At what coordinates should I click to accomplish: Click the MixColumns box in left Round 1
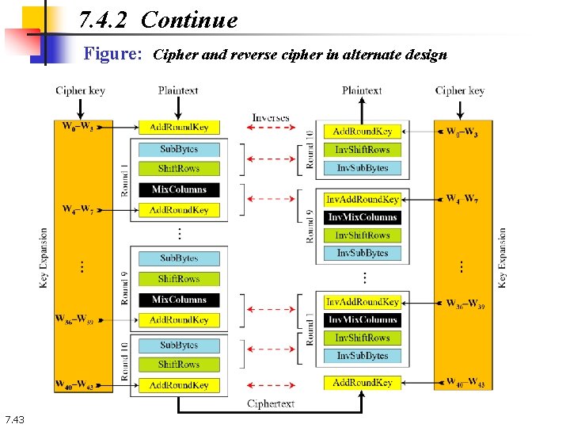[x=179, y=189]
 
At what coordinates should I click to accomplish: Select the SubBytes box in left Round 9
[x=179, y=258]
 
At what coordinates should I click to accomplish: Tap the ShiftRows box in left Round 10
[x=179, y=365]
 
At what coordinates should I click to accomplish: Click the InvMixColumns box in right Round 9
[x=362, y=217]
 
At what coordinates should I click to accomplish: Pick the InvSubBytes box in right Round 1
[x=362, y=356]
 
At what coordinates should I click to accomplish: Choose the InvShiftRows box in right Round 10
[x=362, y=149]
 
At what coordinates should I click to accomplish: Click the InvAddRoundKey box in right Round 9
[x=362, y=199]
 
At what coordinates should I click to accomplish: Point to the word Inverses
[x=271, y=118]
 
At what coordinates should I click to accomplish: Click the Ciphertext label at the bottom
[x=271, y=403]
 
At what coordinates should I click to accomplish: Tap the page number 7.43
[x=15, y=419]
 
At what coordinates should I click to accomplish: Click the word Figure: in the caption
[x=113, y=55]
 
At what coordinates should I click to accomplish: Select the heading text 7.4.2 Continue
[x=158, y=20]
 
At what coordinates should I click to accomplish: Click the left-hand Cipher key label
[x=81, y=90]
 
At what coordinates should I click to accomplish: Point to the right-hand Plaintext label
[x=363, y=90]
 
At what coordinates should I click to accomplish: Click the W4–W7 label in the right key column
[x=462, y=199]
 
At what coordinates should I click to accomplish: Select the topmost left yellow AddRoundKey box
[x=179, y=128]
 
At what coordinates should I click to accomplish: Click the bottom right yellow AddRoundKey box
[x=362, y=382]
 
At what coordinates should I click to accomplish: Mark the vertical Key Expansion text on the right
[x=502, y=258]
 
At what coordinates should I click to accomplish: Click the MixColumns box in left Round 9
[x=179, y=300]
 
